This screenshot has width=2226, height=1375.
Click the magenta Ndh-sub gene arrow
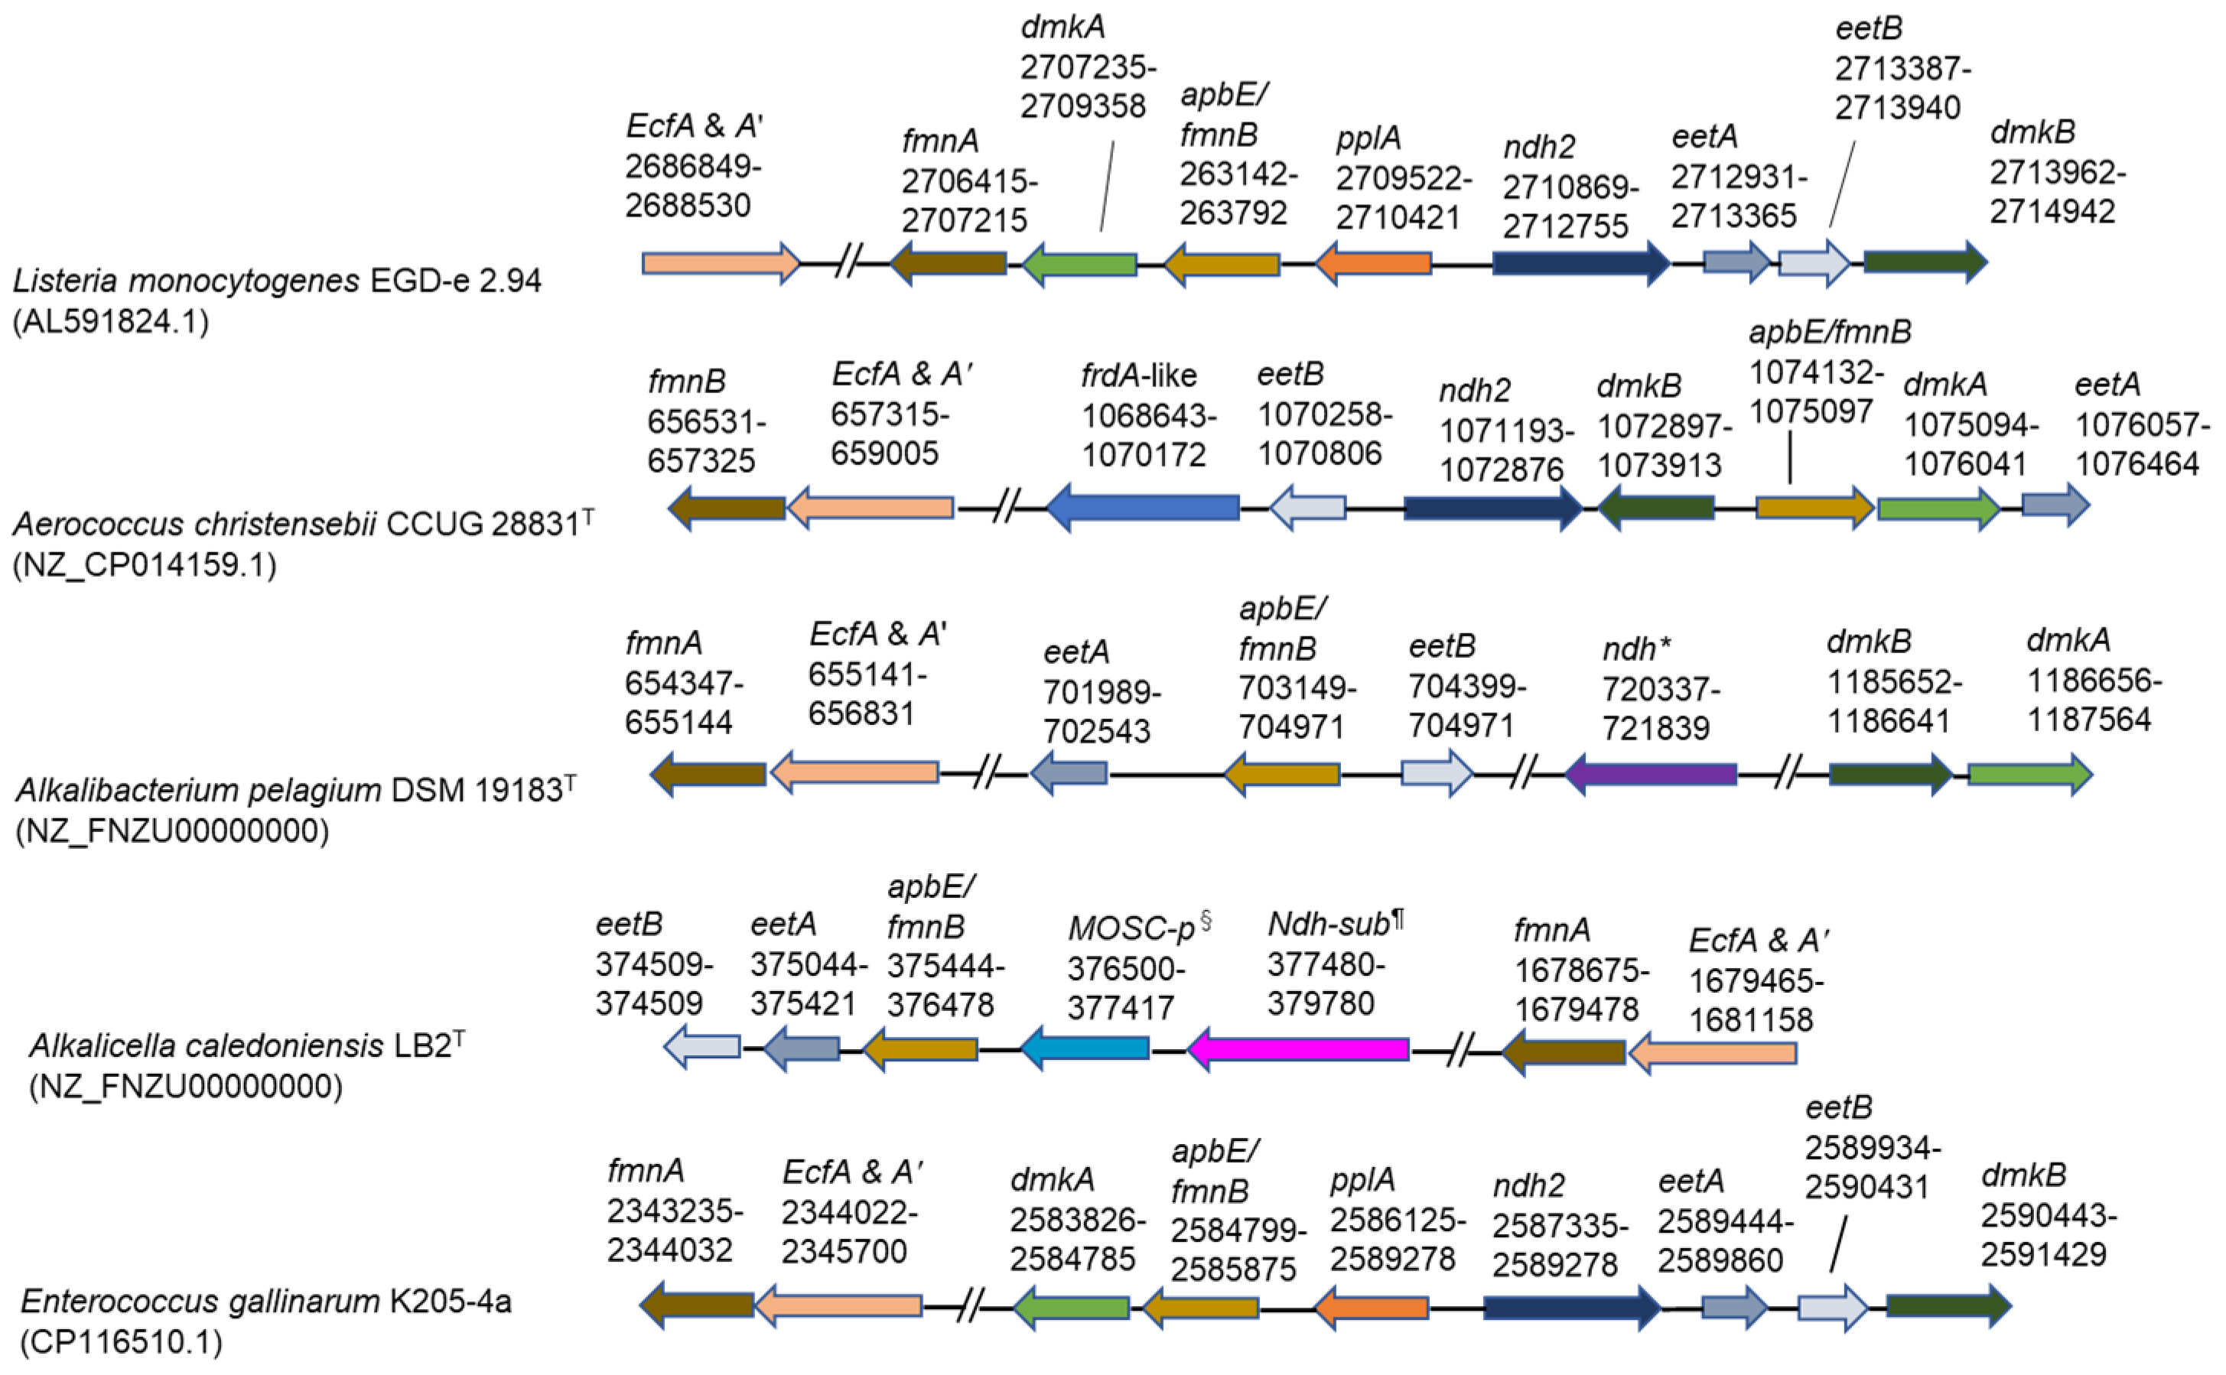1298,1049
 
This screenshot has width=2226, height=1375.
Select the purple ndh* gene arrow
1650,775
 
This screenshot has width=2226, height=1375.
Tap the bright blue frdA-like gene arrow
1144,508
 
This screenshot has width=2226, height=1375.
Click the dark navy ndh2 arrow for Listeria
1580,264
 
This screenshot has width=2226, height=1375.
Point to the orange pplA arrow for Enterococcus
1373,1308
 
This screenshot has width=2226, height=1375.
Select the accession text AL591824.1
111,322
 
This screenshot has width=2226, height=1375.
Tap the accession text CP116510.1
121,1342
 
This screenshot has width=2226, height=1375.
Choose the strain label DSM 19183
477,790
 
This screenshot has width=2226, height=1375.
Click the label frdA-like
1138,375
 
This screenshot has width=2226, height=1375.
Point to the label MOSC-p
1131,928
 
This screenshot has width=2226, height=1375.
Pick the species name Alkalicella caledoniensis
207,1047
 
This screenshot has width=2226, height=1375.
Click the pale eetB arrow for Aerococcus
1307,508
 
